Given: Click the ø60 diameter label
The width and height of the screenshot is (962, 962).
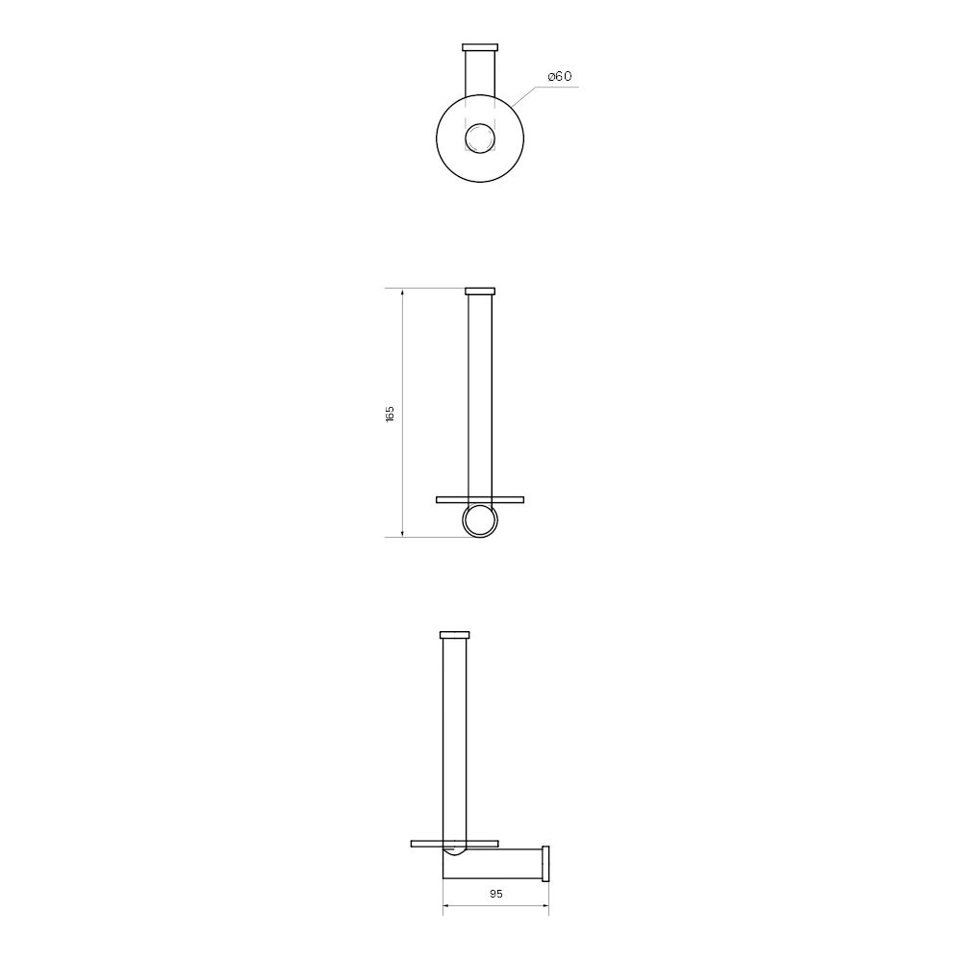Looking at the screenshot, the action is (x=560, y=76).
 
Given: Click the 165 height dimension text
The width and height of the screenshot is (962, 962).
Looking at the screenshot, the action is (x=390, y=414).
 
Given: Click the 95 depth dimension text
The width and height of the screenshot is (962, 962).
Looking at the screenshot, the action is (x=496, y=894).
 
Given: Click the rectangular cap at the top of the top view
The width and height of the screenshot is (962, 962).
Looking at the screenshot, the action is (x=480, y=47).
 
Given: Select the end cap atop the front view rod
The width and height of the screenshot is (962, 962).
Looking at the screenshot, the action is (x=480, y=291).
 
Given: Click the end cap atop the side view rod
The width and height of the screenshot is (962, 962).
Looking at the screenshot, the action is (x=455, y=635).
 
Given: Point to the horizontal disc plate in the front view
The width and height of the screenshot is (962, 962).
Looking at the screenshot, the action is (x=480, y=499).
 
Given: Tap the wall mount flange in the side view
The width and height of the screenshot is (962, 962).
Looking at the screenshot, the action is (x=545, y=863).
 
